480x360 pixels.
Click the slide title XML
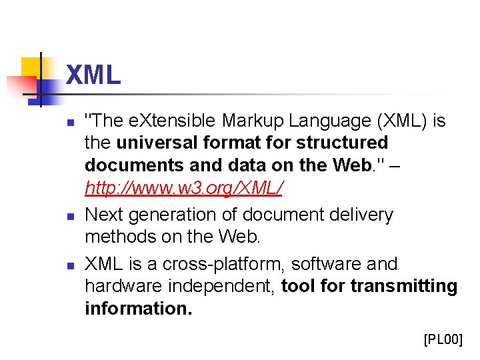point(93,75)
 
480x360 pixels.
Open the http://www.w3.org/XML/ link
point(183,189)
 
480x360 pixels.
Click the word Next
point(105,215)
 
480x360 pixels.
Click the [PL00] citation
point(443,340)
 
